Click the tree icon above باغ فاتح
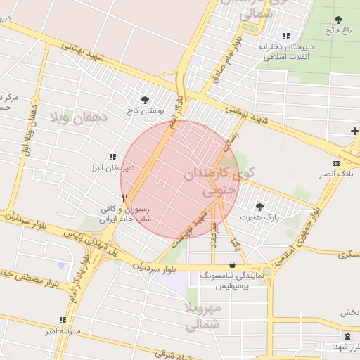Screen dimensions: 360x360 [x=339, y=19]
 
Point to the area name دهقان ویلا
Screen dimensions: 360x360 [x=79, y=117]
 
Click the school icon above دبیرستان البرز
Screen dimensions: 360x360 [x=112, y=157]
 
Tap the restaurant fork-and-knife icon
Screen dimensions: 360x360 [x=125, y=198]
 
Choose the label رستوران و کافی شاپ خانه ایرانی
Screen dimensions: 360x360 [x=107, y=214]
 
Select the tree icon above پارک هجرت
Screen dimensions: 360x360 [x=259, y=207]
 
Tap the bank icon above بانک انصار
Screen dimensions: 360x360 [x=336, y=163]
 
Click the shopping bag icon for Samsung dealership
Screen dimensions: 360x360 [x=232, y=265]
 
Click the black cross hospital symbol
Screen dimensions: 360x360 [x=354, y=131]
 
